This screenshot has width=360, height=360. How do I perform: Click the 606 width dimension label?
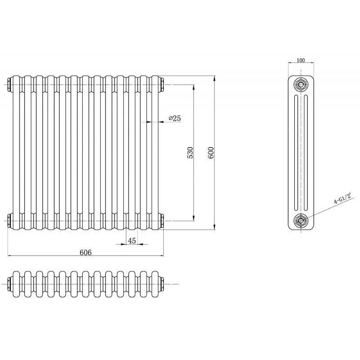85,252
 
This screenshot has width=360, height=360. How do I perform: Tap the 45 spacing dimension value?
132,241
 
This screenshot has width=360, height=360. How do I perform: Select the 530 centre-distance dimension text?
190,153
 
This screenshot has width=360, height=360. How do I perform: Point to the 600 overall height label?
211,153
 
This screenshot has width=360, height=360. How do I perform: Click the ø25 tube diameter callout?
175,118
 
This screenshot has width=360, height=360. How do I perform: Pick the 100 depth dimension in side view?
301,60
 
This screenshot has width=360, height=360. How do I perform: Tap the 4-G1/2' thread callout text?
343,198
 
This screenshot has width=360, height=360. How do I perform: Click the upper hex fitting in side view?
300,85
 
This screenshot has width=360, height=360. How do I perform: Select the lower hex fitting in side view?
300,221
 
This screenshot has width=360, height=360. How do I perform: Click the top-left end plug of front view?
10,85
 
